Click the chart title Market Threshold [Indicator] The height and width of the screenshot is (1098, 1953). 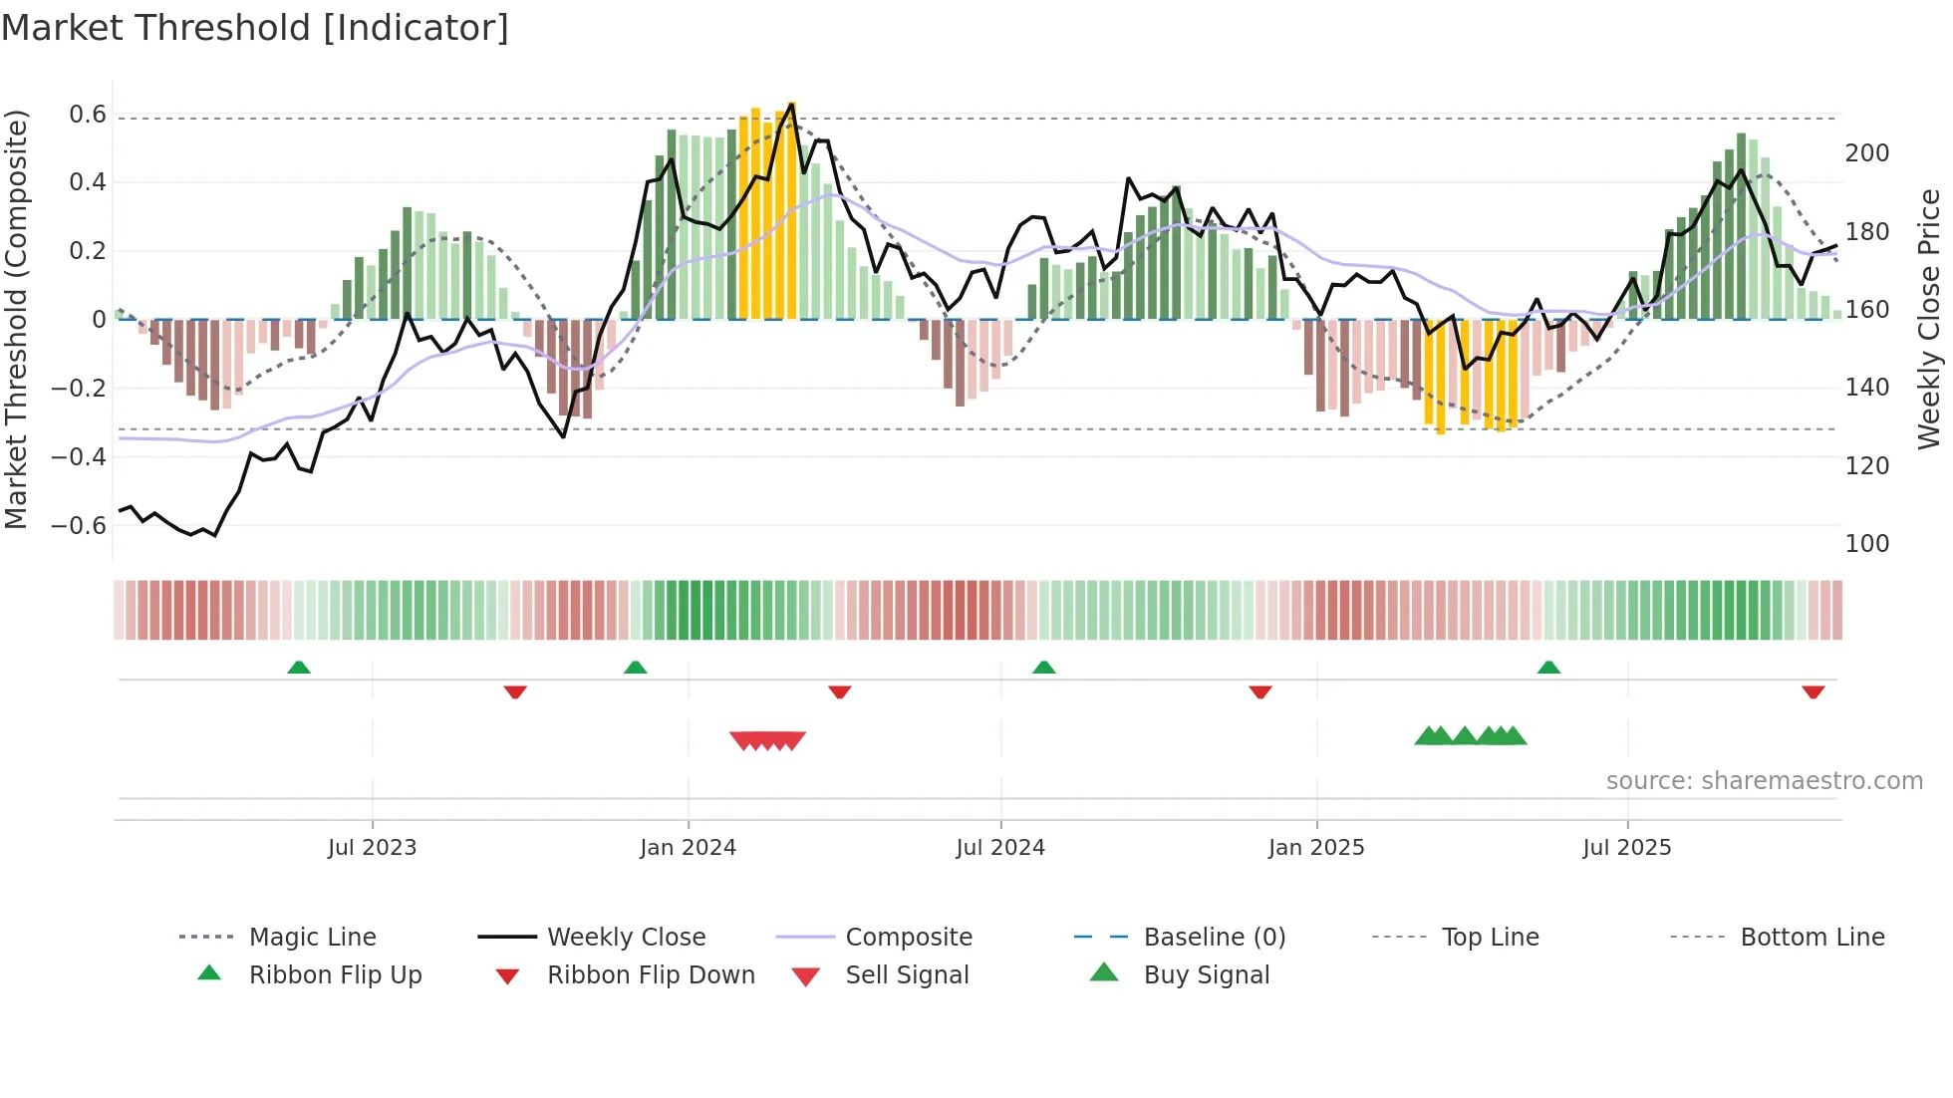pyautogui.click(x=255, y=28)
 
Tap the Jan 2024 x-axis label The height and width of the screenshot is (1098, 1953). pyautogui.click(x=688, y=848)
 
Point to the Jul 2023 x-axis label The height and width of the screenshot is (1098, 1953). pyautogui.click(x=372, y=848)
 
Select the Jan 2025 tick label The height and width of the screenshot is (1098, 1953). pyautogui.click(x=1315, y=848)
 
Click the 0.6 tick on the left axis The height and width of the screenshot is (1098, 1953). pyautogui.click(x=87, y=115)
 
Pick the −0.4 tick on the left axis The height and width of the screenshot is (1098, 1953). pyautogui.click(x=79, y=457)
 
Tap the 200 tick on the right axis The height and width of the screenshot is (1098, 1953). pyautogui.click(x=1866, y=153)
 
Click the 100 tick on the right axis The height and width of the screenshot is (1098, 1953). pyautogui.click(x=1866, y=544)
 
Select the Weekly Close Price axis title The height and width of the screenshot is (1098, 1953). pyautogui.click(x=1929, y=319)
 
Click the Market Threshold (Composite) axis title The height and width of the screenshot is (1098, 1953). pyautogui.click(x=16, y=319)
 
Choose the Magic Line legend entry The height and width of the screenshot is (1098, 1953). pyautogui.click(x=312, y=938)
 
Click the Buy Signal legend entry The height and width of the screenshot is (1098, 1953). pyautogui.click(x=1206, y=975)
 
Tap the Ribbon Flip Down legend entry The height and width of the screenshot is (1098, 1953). pyautogui.click(x=651, y=975)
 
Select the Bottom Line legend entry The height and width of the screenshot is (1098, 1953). pyautogui.click(x=1812, y=938)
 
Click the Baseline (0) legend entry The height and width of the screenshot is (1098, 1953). pyautogui.click(x=1214, y=938)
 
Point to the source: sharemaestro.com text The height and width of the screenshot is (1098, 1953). pyautogui.click(x=1764, y=781)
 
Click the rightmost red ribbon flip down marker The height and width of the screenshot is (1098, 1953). pyautogui.click(x=1813, y=691)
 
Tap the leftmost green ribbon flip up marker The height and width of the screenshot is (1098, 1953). pyautogui.click(x=299, y=668)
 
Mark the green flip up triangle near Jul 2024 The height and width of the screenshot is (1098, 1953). pyautogui.click(x=1043, y=668)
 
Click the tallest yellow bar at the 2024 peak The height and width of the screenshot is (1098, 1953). pyautogui.click(x=791, y=209)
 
